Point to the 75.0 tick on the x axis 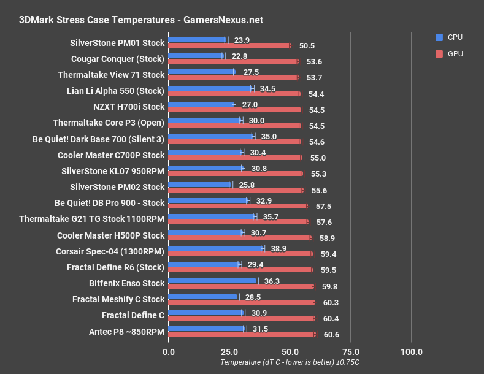tap(350, 352)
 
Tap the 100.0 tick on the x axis tap(411, 352)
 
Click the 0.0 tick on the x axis tap(168, 352)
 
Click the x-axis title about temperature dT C tap(290, 363)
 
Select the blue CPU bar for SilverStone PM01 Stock tap(197, 40)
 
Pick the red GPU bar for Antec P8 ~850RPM tap(241, 334)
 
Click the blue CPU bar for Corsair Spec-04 tap(215, 248)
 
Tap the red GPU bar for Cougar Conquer tap(232, 61)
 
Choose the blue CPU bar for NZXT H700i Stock tap(201, 104)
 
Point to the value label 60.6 tap(332, 335)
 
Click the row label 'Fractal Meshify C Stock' tap(118, 299)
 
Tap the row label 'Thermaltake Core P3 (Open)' tap(109, 123)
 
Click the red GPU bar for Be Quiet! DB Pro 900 tap(237, 206)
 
